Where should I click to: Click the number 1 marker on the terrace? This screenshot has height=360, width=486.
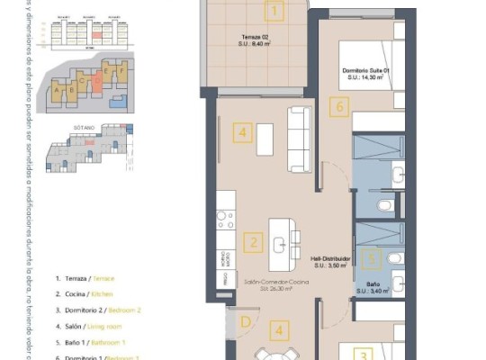coord(274,11)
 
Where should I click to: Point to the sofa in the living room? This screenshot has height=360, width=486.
coord(299,139)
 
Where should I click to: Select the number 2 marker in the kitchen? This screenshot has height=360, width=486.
coord(254,242)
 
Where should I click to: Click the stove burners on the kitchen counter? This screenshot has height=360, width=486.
coord(225,219)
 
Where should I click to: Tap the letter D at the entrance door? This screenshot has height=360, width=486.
coord(244,321)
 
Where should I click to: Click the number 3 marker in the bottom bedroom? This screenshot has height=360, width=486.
coord(362,355)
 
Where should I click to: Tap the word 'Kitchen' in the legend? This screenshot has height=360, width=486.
coord(101,294)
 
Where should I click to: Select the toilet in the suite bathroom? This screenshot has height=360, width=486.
coord(384,207)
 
